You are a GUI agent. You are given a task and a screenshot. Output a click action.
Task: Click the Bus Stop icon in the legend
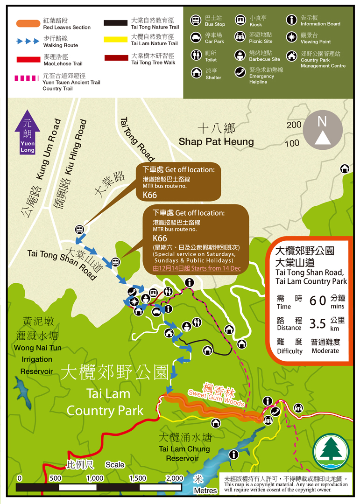[196, 21]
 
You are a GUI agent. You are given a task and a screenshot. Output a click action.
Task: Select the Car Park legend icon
[196, 38]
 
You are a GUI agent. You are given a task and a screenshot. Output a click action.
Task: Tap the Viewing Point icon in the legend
[291, 38]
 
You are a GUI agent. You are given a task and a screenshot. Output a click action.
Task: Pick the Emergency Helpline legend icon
[240, 73]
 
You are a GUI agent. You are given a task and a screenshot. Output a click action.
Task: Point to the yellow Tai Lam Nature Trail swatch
[115, 40]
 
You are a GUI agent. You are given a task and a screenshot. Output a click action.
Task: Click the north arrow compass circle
[322, 130]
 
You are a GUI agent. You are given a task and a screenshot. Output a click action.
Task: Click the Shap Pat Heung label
[216, 141]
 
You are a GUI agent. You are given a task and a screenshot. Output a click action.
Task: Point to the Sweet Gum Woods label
[216, 397]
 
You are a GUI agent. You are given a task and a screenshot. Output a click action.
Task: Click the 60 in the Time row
[318, 301]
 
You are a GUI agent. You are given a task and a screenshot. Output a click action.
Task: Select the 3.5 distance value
[318, 323]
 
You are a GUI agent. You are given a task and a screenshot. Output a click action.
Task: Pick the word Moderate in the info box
[325, 351]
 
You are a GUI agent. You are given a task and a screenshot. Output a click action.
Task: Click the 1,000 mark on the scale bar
[95, 478]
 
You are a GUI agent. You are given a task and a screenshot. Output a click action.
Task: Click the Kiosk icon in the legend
[240, 21]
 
